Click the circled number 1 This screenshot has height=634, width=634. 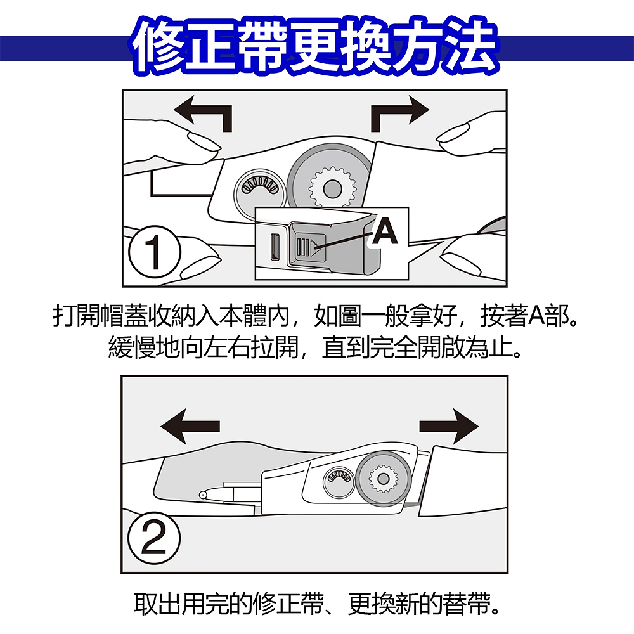[x=154, y=252]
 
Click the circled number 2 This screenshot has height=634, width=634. [x=153, y=538]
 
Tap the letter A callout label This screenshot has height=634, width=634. [x=385, y=231]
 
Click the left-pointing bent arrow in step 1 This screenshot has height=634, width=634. [x=204, y=114]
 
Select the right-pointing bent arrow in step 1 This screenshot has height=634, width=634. [x=398, y=114]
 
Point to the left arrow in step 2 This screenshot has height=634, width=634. [x=190, y=426]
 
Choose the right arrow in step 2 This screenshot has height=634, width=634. [x=449, y=426]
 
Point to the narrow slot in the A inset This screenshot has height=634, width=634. [x=275, y=247]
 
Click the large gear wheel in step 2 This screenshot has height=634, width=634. [x=383, y=479]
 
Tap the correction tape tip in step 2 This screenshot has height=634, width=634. [x=203, y=495]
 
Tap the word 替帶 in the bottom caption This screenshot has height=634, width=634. [x=465, y=604]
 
